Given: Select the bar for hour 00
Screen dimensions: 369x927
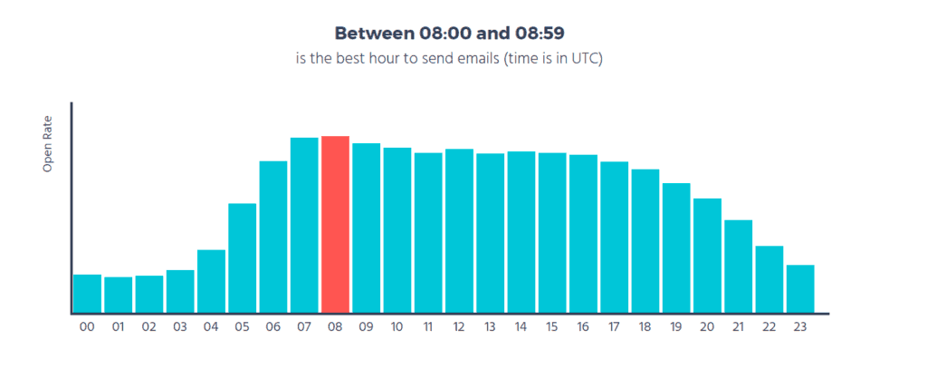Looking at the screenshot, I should tap(87, 294).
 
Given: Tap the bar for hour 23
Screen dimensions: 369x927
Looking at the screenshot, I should tap(800, 289).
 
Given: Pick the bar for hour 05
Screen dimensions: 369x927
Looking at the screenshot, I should tap(242, 258).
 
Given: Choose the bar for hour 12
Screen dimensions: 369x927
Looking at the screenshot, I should tap(459, 231).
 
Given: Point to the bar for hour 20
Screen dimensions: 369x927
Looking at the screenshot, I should tap(707, 256).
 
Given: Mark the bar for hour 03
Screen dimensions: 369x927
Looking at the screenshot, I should tap(180, 292).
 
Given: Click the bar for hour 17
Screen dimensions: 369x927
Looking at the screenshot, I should tap(614, 238).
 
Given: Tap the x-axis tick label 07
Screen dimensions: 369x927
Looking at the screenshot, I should tap(303, 326).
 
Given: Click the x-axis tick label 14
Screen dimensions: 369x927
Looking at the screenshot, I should tap(521, 326).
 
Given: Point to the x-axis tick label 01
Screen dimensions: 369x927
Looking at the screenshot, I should tap(118, 326).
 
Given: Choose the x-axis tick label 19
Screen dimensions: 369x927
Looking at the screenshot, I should tap(676, 326).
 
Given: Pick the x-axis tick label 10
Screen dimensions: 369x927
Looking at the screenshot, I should tap(397, 326).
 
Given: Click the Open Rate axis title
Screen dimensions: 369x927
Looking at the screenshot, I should tap(48, 144).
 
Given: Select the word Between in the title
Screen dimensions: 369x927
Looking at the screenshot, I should tap(373, 34).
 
